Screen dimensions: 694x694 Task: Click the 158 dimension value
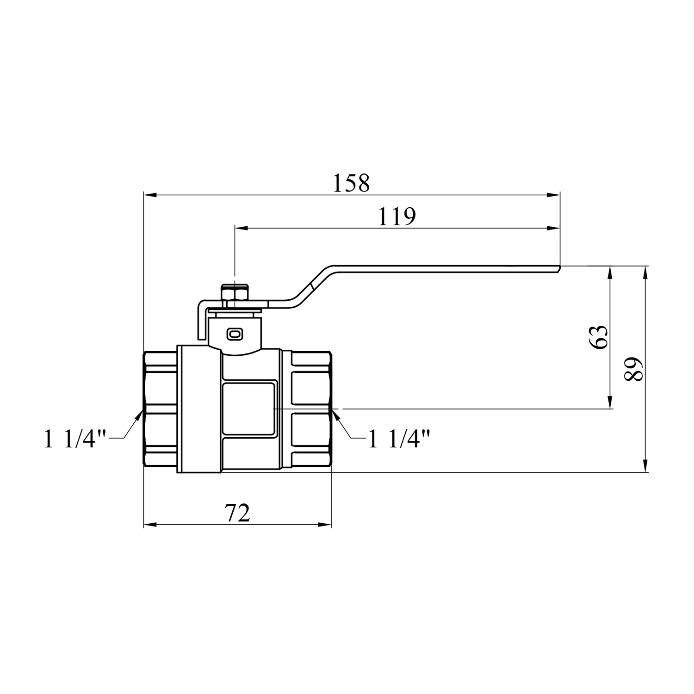(x=352, y=183)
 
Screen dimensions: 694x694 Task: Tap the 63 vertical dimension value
(x=598, y=337)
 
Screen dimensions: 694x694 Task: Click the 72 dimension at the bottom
(x=237, y=513)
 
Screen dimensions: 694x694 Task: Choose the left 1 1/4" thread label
(x=75, y=439)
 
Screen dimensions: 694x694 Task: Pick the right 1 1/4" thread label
(x=400, y=439)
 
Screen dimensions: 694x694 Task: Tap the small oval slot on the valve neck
(x=235, y=333)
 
